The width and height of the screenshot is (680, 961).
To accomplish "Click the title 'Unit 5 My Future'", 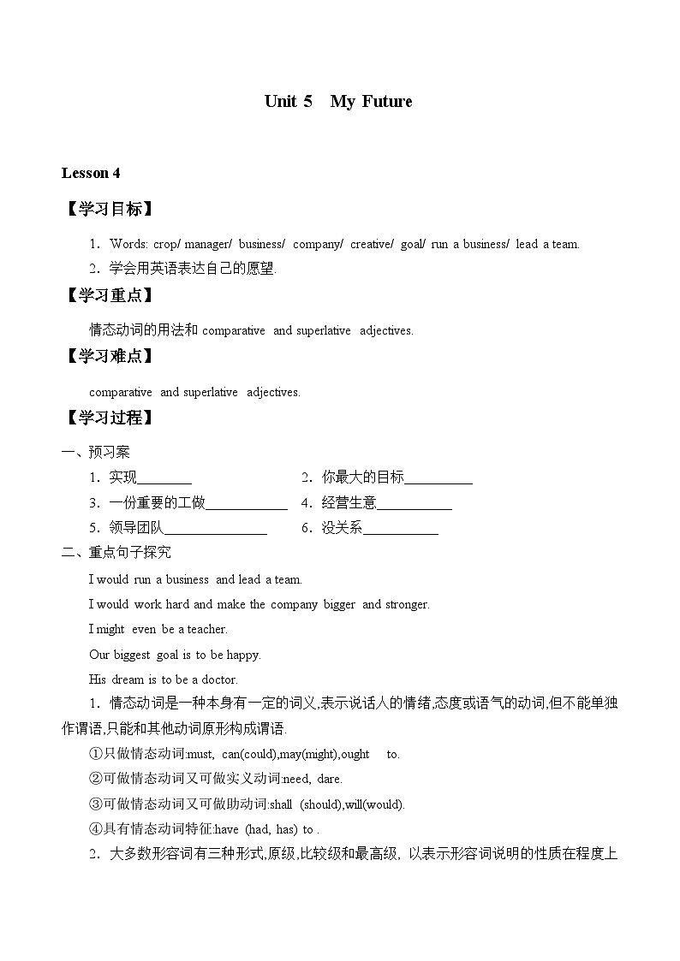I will [x=338, y=102].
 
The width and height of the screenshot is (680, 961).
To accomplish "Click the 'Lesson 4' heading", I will [x=91, y=173].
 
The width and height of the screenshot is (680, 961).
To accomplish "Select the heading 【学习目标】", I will [x=109, y=210].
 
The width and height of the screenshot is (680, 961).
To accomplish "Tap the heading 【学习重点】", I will [x=109, y=295].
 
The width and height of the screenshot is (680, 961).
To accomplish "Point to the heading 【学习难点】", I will [x=109, y=356].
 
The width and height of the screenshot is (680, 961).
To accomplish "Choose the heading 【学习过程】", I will [x=109, y=418].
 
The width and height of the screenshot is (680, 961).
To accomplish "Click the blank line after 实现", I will [x=164, y=479].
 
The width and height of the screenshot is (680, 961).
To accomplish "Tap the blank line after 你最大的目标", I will [x=438, y=479].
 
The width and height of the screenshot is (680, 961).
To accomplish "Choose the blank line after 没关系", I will [x=400, y=529].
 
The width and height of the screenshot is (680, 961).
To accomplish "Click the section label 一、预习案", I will [x=96, y=453].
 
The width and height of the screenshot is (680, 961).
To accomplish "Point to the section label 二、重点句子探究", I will [x=116, y=553].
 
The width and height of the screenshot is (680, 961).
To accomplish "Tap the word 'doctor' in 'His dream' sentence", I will [x=218, y=680].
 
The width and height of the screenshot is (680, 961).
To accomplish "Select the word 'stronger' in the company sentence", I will [x=407, y=605].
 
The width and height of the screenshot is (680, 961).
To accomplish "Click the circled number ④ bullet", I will [x=96, y=829].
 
